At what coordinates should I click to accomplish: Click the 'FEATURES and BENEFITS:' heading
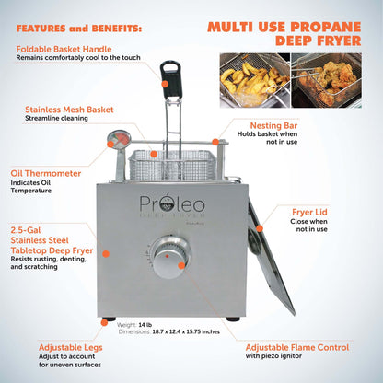point(79,29)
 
